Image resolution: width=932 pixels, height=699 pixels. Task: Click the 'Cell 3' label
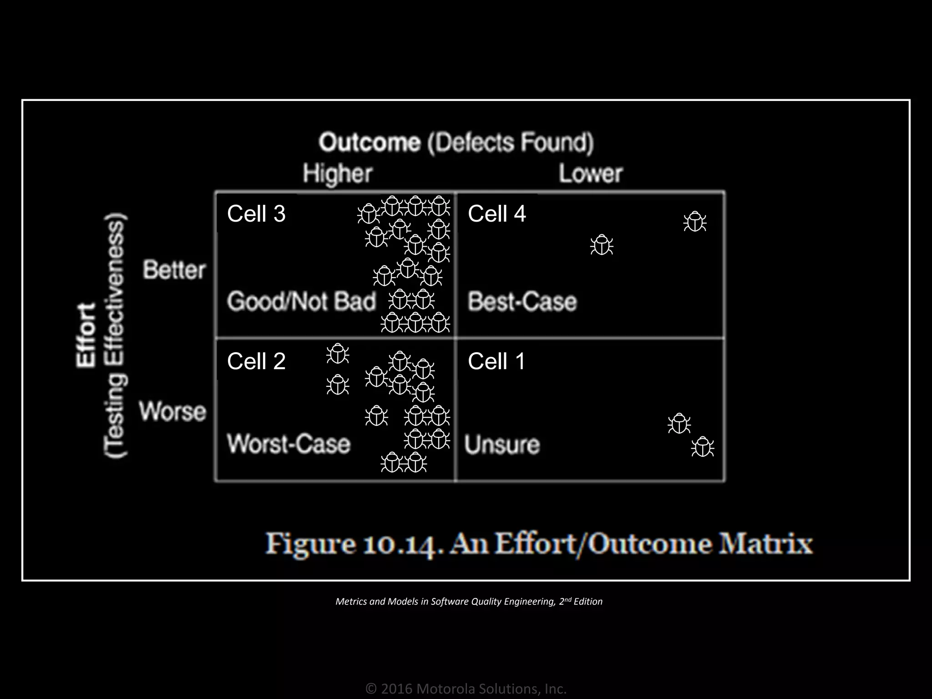pos(256,214)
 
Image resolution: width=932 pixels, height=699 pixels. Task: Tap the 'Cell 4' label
pos(496,214)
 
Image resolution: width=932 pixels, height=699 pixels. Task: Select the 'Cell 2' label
pos(256,361)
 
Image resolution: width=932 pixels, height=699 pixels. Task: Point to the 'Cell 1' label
pos(496,361)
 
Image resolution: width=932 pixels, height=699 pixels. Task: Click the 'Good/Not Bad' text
pos(301,301)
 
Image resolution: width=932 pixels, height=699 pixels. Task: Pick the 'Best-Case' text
pos(522,301)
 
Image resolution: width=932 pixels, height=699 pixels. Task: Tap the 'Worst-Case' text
pos(289,444)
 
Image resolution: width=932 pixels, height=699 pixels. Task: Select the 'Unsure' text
pos(502,445)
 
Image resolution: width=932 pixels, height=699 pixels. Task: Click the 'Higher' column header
pos(338,174)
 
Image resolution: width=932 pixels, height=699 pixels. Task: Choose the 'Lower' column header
pos(590,174)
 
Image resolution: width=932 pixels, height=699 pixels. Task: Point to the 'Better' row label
pos(174,270)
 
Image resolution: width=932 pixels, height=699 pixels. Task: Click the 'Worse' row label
pos(173,411)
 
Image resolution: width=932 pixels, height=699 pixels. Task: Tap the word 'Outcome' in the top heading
pos(369,142)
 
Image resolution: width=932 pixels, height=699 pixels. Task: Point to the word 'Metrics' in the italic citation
pos(351,602)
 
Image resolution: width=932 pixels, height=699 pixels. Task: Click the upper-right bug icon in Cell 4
pos(694,222)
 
